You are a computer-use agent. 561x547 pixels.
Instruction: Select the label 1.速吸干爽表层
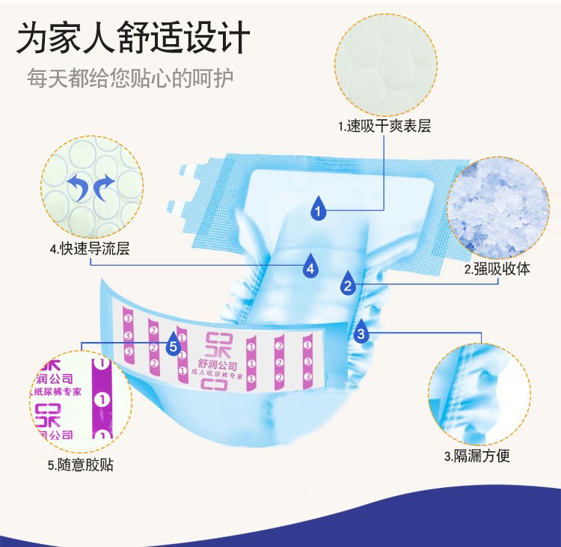pos(384,126)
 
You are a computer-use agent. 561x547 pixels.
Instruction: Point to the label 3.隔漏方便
pos(477,456)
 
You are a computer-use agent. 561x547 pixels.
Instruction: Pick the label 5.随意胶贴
pos(81,465)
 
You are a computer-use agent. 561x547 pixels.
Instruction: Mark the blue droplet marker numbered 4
pos(310,265)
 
